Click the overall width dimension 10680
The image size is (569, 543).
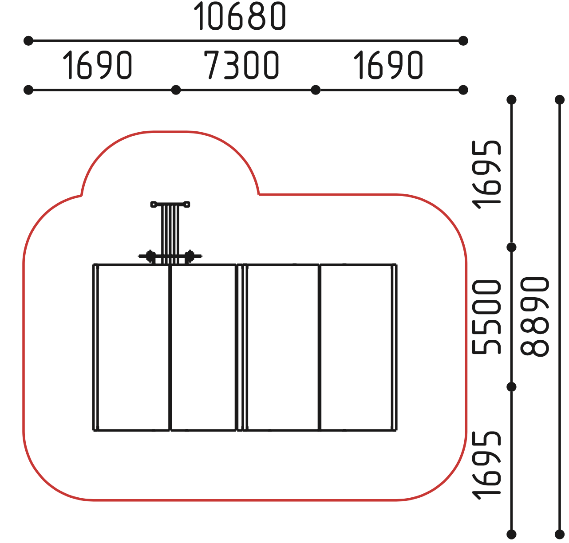tap(240, 16)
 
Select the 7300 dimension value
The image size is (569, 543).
tap(241, 65)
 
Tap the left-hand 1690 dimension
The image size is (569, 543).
tap(97, 65)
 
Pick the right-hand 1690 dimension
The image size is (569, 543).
tap(388, 65)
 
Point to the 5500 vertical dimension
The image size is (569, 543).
tap(486, 317)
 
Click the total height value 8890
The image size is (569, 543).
tap(535, 317)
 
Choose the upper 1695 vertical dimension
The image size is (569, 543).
tap(486, 175)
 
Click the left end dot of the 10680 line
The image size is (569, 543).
tap(28, 41)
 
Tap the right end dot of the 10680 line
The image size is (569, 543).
tap(463, 41)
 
